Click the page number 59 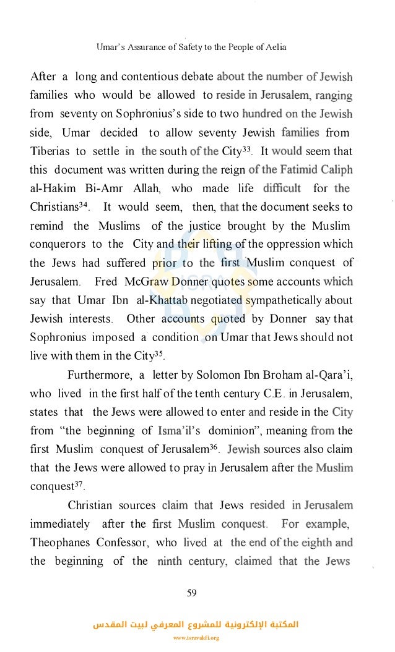[x=191, y=593]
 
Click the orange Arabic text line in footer [x=195, y=625]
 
